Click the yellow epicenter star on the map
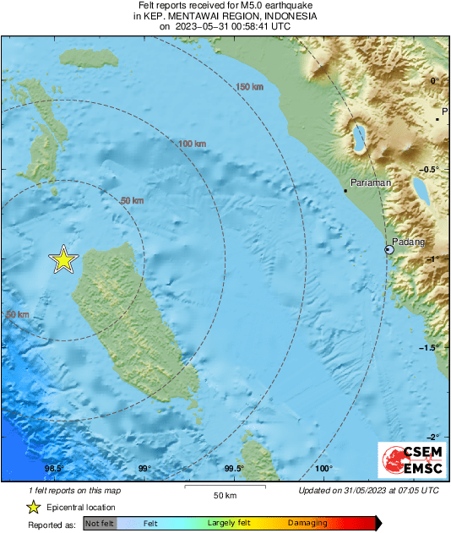click(63, 259)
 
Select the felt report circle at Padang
click(389, 250)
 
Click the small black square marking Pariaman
click(346, 191)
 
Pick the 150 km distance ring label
click(249, 87)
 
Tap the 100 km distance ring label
click(193, 144)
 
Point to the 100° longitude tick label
click(323, 470)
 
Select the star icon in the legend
click(33, 507)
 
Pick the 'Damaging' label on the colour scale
click(307, 524)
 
